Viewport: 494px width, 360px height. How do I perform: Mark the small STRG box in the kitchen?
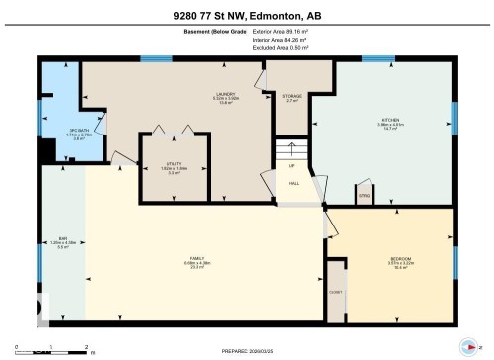click(x=364, y=196)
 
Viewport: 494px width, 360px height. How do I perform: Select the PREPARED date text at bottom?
click(x=247, y=351)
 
